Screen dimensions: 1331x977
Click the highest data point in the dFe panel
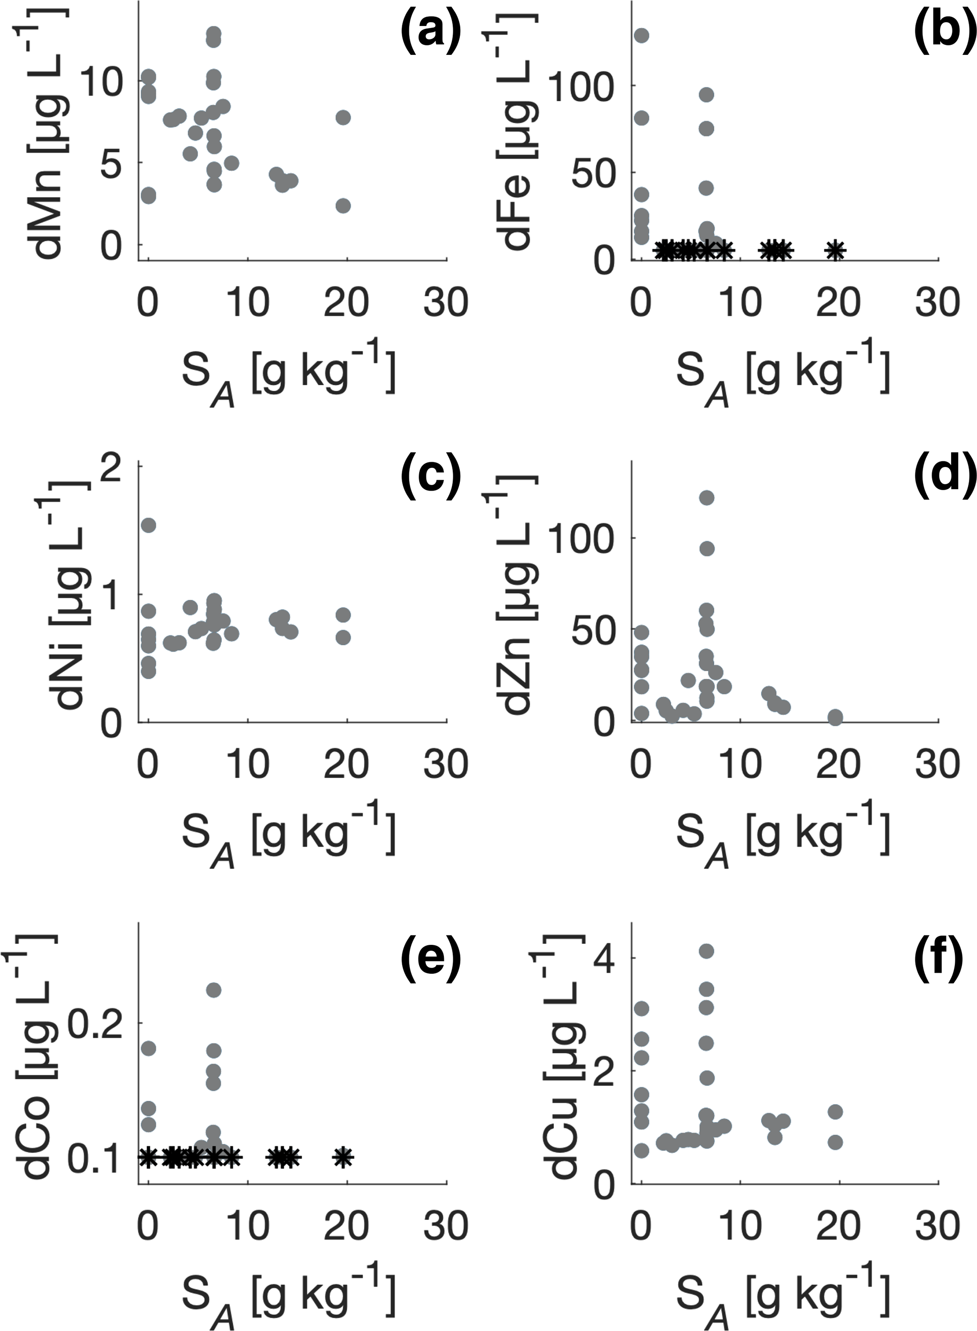642,35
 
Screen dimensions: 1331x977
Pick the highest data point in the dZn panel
707,498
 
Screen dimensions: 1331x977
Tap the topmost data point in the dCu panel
706,951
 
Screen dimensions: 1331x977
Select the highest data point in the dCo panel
214,990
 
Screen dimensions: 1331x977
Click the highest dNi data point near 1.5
148,525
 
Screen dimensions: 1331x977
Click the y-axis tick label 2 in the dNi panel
112,466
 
